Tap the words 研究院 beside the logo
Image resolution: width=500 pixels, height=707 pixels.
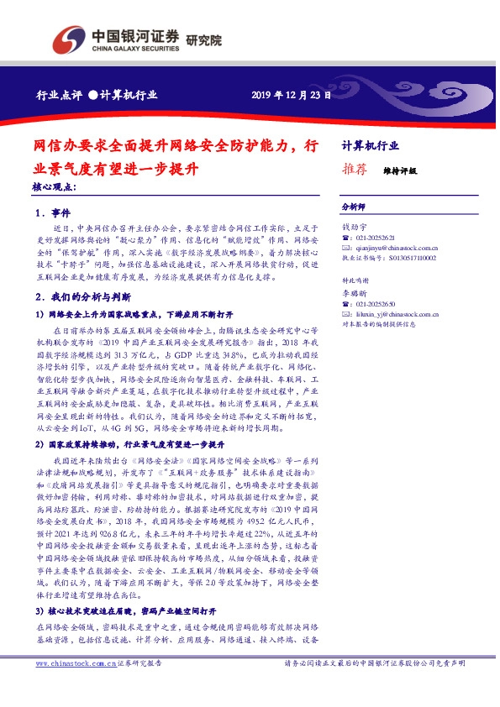pos(203,39)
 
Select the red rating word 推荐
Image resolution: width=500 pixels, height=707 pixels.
pos(355,169)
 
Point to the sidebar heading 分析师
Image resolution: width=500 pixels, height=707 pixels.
pos(353,206)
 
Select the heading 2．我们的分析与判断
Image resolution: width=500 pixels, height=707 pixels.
pos(84,297)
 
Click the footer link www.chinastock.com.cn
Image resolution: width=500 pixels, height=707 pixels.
pos(71,687)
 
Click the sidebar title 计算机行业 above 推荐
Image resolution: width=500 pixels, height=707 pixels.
pos(371,145)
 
